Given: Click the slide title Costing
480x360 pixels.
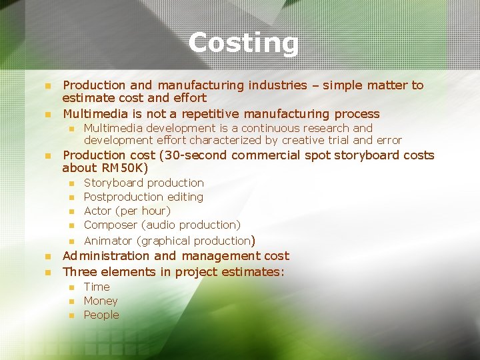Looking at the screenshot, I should click(x=243, y=43).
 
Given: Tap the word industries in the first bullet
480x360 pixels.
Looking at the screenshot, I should click(x=275, y=85).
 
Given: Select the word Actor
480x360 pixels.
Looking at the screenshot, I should click(x=98, y=211).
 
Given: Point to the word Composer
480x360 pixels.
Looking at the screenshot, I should click(x=111, y=225).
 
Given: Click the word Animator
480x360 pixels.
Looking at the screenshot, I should click(x=108, y=241).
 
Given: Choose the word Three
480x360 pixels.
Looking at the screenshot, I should click(x=79, y=272).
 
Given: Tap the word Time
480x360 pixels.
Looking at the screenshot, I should click(x=97, y=287).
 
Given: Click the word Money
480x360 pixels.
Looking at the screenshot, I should click(x=100, y=301).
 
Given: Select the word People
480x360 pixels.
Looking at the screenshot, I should click(x=101, y=315).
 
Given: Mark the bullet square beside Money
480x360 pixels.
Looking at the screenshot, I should click(x=71, y=301).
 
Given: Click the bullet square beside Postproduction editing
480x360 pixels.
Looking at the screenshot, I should click(x=71, y=197).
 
